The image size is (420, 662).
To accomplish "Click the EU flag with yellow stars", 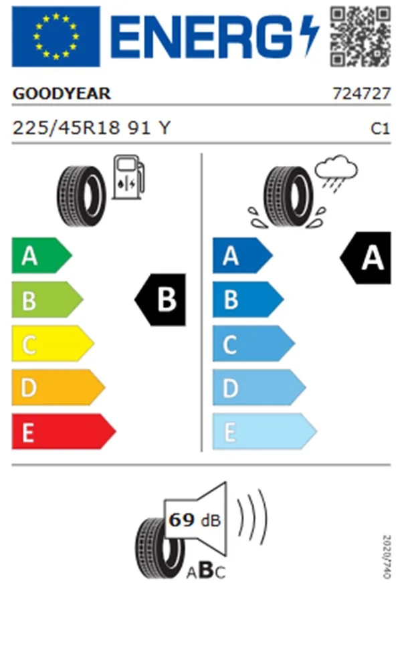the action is [x=56, y=37].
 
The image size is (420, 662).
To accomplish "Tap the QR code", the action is [x=360, y=36].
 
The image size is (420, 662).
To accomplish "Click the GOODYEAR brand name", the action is [x=62, y=94].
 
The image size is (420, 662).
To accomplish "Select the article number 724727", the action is [x=362, y=94].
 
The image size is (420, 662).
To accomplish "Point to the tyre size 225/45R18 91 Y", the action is [x=92, y=128].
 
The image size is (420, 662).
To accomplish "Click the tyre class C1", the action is [x=381, y=128].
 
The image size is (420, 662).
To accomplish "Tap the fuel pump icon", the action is [x=128, y=177].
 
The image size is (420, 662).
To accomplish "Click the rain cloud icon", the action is [x=336, y=173].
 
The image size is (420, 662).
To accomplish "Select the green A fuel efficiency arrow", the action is [x=41, y=255].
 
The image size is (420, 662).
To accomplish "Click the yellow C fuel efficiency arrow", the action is [x=53, y=343].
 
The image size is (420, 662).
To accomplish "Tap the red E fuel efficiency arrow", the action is [x=64, y=431].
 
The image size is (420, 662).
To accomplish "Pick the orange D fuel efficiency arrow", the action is [x=58, y=387].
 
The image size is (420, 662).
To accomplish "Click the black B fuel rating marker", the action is [x=161, y=300].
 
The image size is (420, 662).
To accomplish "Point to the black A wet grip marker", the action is [x=366, y=257].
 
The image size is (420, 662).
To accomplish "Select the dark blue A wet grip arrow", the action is [x=243, y=255].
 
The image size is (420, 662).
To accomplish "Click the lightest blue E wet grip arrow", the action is [x=265, y=431].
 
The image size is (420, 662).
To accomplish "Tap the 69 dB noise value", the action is [x=195, y=520].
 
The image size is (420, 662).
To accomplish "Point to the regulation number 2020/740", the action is [x=387, y=557].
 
